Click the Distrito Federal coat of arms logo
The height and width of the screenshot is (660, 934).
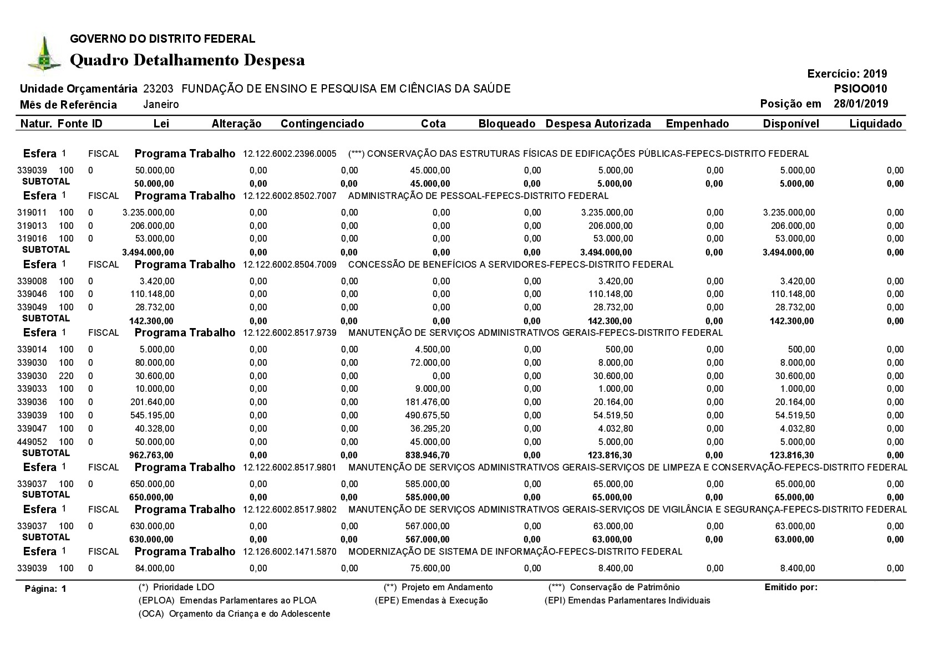[x=44, y=54]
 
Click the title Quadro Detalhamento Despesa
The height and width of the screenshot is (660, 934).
[x=187, y=60]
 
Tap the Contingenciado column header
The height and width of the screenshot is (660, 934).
[x=322, y=124]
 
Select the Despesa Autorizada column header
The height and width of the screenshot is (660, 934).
[x=598, y=124]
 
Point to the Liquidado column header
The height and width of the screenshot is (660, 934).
[x=875, y=124]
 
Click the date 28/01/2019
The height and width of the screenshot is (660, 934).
[x=860, y=104]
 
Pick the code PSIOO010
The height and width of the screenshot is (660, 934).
[x=860, y=89]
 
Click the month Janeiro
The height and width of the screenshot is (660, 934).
[x=161, y=105]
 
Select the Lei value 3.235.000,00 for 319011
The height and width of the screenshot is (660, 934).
[x=148, y=212]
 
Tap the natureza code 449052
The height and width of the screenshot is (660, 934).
[x=32, y=442]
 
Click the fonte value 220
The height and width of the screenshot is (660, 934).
[x=66, y=376]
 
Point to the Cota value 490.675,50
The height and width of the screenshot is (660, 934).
[x=428, y=415]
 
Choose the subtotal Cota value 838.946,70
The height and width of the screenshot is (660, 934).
[x=428, y=456]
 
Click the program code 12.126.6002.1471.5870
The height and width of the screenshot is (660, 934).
[x=290, y=552]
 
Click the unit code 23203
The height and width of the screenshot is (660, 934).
[x=158, y=89]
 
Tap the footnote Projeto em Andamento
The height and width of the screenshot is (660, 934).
[x=446, y=587]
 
